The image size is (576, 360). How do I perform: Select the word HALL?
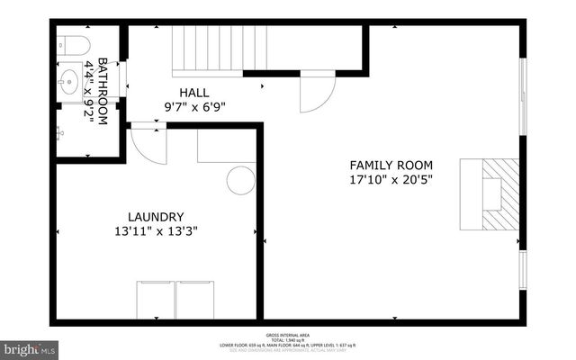(x=193, y=93)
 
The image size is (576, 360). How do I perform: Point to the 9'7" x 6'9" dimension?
(x=194, y=106)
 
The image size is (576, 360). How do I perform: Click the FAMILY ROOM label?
(x=391, y=166)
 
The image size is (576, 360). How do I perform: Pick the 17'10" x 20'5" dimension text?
(x=391, y=179)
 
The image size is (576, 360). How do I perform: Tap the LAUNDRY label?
(x=156, y=217)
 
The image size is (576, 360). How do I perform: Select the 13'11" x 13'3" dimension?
(x=156, y=231)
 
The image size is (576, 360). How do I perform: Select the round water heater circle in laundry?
(x=240, y=180)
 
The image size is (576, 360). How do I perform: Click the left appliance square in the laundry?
(x=155, y=299)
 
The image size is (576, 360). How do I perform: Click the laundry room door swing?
(x=147, y=144)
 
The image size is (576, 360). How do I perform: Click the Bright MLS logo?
(x=30, y=347)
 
